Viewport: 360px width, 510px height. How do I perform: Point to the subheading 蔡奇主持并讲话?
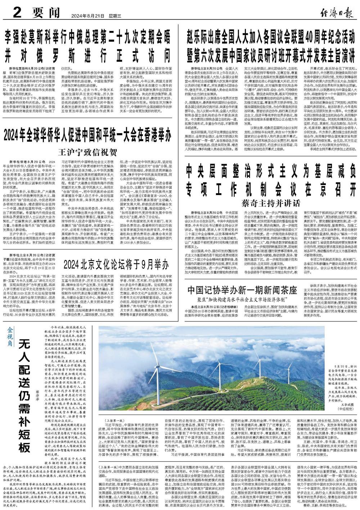271,202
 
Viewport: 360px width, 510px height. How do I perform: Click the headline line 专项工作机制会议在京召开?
271,188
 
